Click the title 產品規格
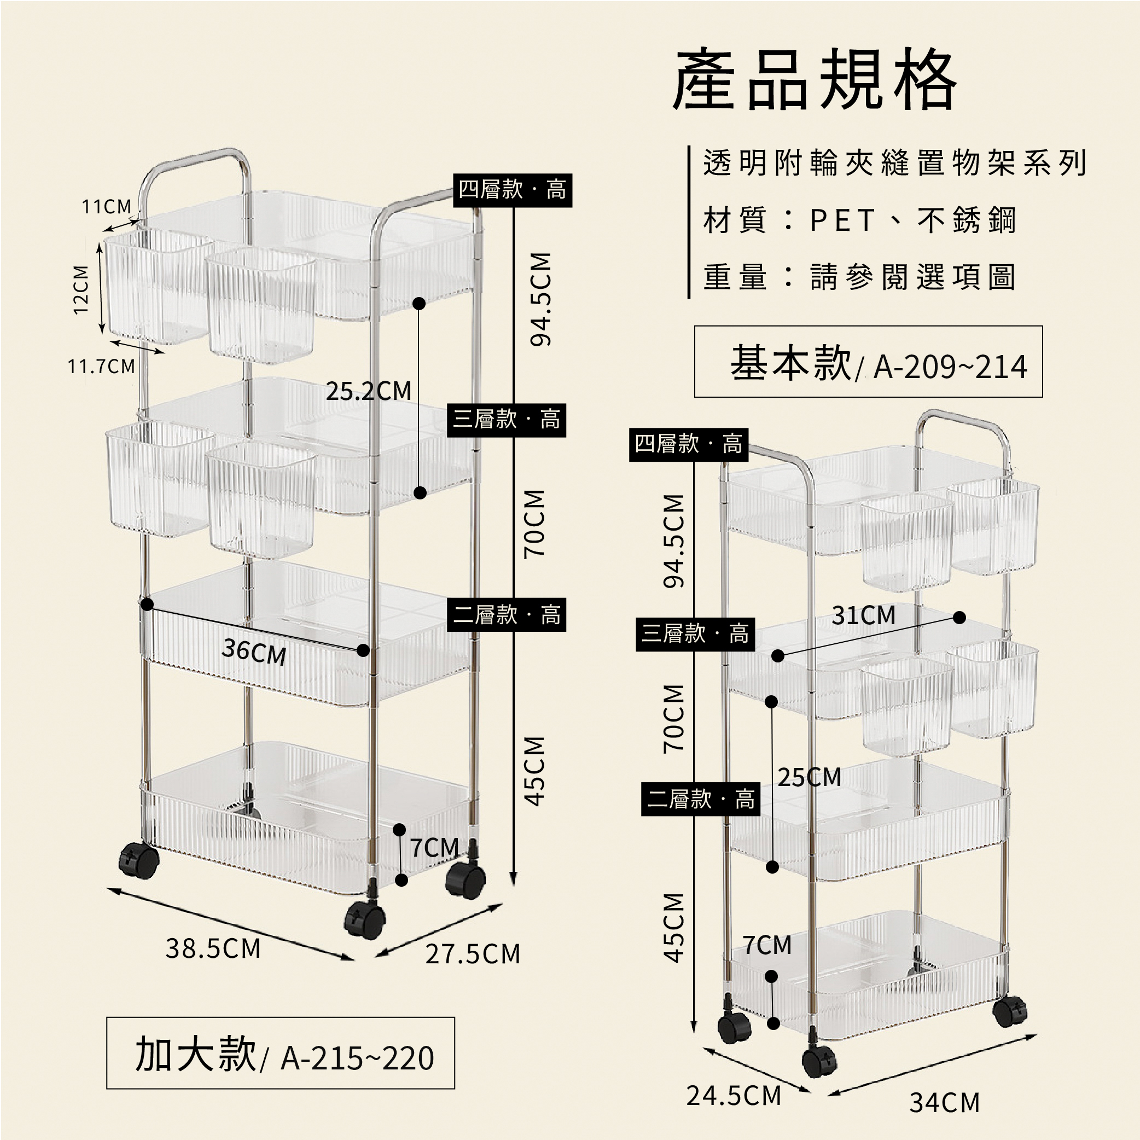815,80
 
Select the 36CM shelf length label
254,652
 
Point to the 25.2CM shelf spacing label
369,391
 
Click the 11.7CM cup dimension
102,367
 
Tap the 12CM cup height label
80,290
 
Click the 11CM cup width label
107,207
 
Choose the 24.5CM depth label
734,1096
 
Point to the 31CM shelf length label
864,615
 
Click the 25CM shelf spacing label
810,777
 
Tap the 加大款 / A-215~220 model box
280,1053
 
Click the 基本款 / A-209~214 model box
869,362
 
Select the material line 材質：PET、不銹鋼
859,220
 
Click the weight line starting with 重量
859,277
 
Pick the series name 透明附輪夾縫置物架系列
894,163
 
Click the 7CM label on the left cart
435,848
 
